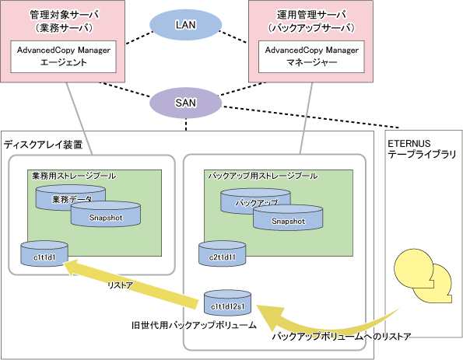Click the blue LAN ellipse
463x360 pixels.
pos(185,25)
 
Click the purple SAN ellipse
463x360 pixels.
pos(185,103)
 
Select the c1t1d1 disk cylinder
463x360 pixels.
pos(44,254)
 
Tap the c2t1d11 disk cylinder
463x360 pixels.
pos(223,254)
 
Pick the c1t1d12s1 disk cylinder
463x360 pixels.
pos(228,303)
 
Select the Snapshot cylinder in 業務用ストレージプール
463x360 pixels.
pos(105,215)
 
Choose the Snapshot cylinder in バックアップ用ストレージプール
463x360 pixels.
pos(288,218)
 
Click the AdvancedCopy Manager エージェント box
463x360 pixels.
pos(64,57)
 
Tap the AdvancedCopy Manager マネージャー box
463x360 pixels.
pos(311,57)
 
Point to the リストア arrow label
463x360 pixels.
pos(120,285)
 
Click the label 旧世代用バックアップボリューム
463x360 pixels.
pos(194,325)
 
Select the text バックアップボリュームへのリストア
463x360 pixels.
pos(342,337)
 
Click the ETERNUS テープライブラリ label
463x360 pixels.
pos(422,149)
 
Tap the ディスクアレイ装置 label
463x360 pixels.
pos(43,145)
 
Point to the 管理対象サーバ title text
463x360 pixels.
pos(65,15)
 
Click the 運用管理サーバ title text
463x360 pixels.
pos(311,15)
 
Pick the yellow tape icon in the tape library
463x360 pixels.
pos(423,276)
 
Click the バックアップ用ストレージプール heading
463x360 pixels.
pos(263,176)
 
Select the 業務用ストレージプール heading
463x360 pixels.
pos(74,176)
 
